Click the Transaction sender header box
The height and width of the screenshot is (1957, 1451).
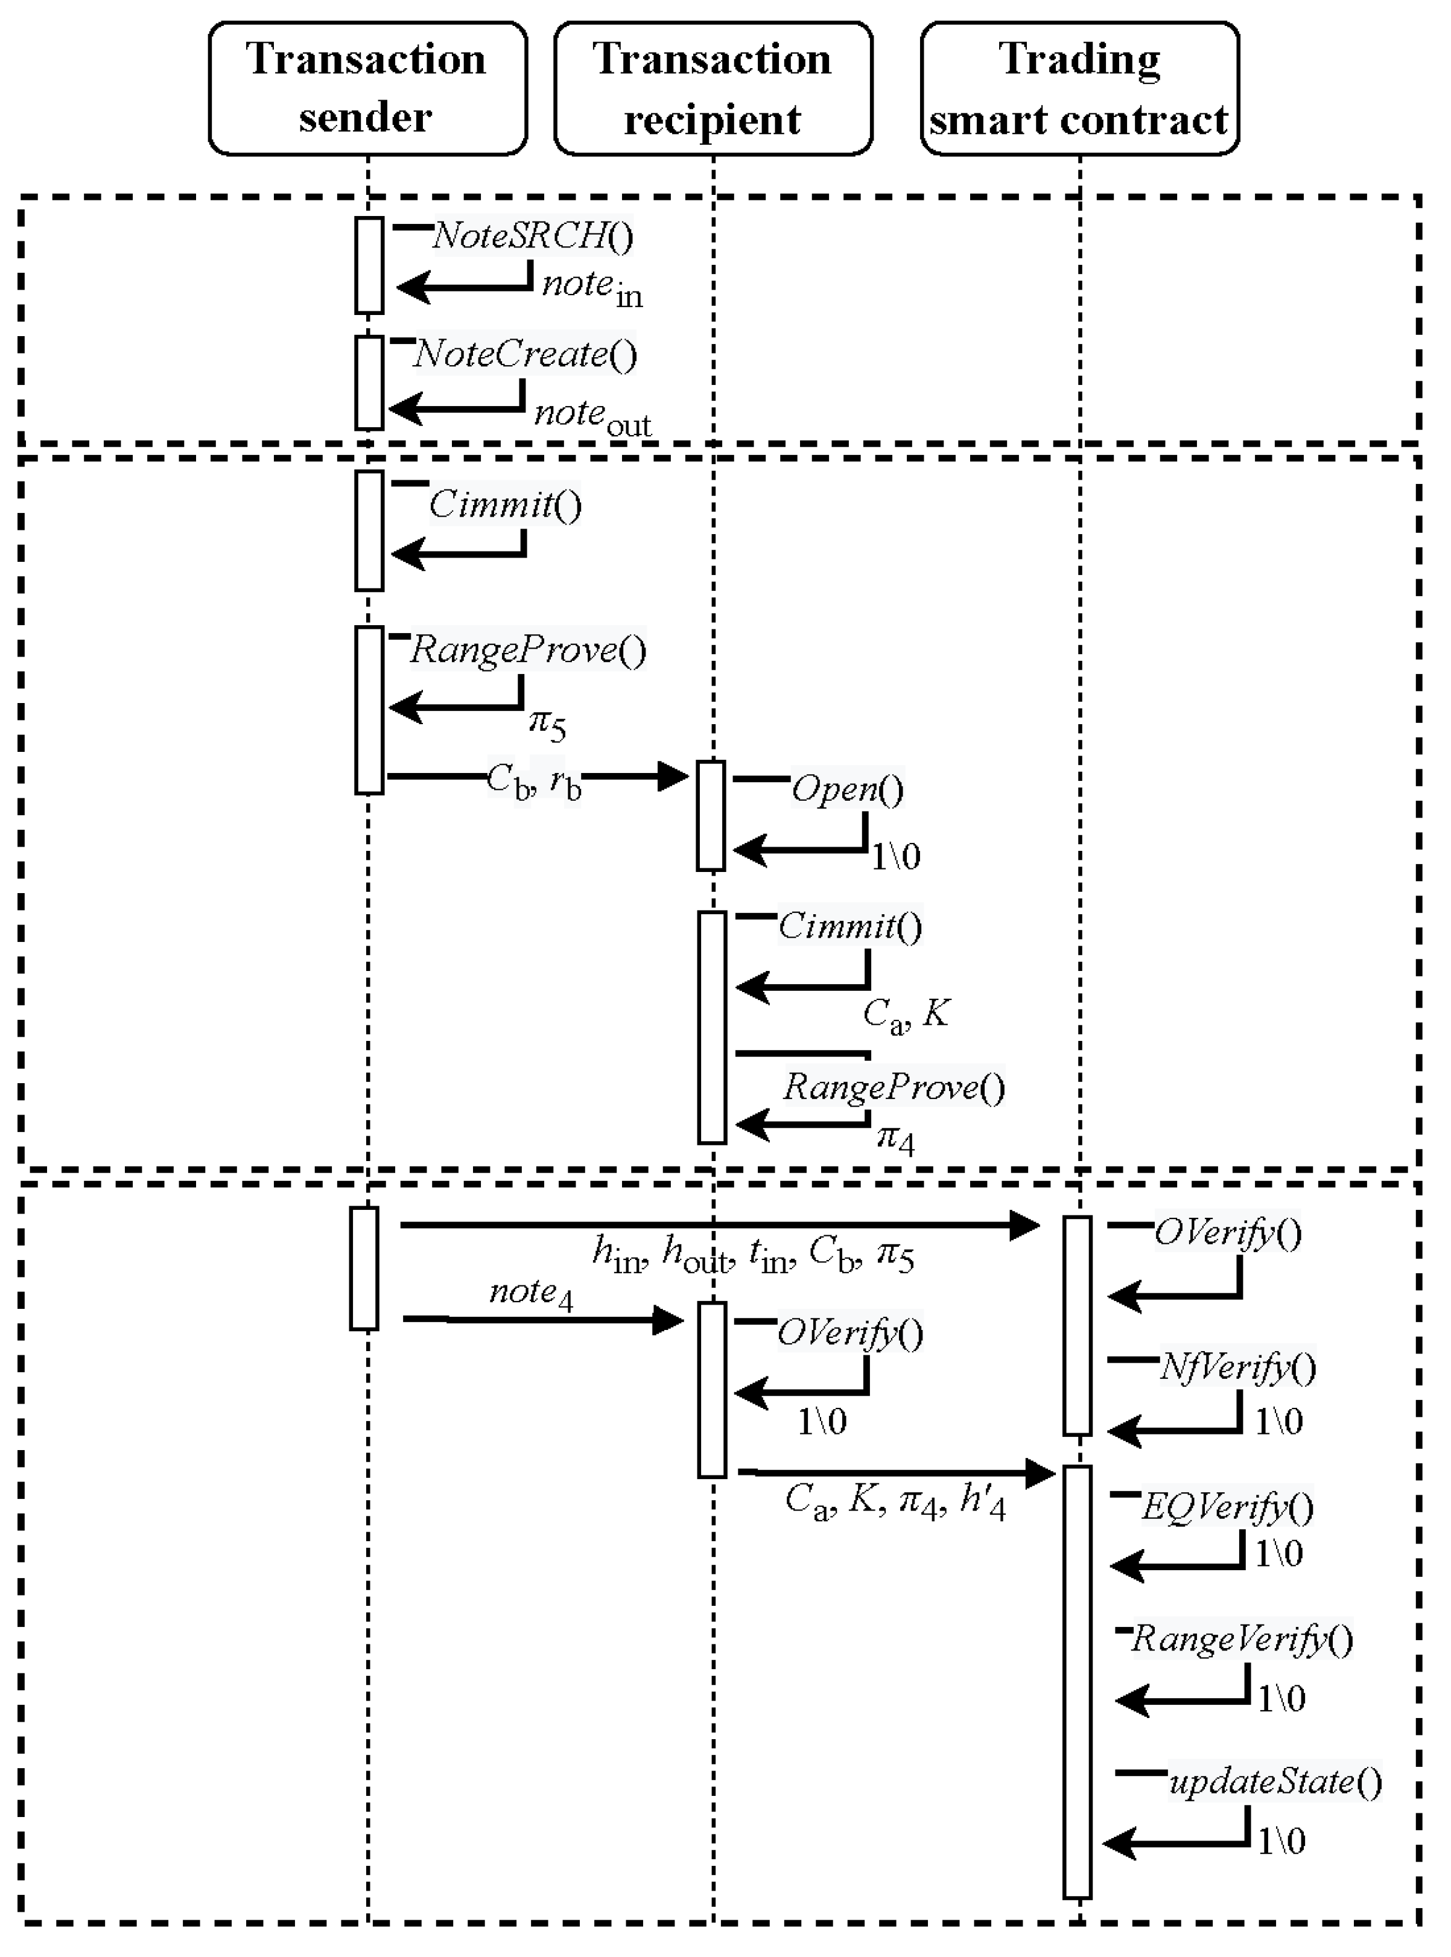[x=367, y=88]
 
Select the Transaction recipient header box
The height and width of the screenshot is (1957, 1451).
[x=713, y=88]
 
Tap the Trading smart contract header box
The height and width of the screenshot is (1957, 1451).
[x=1079, y=88]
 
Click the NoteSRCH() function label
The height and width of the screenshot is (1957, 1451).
[x=532, y=235]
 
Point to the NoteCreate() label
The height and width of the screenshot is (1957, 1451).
[x=525, y=354]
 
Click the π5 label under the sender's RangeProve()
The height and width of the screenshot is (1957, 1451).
[x=547, y=724]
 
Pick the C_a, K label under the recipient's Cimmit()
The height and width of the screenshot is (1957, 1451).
[x=906, y=1016]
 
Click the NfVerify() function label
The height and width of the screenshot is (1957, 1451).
[x=1237, y=1367]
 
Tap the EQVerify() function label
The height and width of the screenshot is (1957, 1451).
[x=1227, y=1507]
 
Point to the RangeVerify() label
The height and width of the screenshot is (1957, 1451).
[x=1242, y=1639]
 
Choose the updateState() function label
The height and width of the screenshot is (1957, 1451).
[x=1275, y=1781]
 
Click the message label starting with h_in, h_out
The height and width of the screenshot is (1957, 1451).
[x=753, y=1255]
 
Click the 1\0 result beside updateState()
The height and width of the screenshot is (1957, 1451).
[x=1281, y=1841]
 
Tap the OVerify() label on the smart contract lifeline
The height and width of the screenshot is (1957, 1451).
[x=1227, y=1233]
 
